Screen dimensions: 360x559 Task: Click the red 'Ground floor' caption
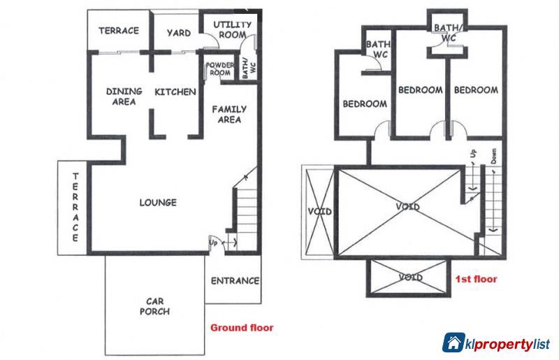coord(242,326)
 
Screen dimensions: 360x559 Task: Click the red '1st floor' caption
coord(476,279)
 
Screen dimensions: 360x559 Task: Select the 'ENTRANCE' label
coord(234,281)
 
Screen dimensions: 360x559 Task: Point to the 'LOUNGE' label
coord(158,203)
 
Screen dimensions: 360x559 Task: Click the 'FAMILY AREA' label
coord(227,114)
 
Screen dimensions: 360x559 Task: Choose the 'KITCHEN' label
coord(175,92)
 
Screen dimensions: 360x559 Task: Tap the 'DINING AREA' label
coord(124,96)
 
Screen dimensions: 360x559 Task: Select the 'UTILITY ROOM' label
coord(228,29)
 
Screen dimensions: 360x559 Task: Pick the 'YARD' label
coord(174,32)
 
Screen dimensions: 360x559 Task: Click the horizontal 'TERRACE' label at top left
coord(118,31)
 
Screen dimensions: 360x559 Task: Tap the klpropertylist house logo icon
coord(455,342)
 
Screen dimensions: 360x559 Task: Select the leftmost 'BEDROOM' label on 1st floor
coord(364,104)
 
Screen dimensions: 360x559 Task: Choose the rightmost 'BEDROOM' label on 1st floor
coord(475,89)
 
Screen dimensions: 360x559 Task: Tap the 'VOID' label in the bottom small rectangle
coord(410,278)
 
